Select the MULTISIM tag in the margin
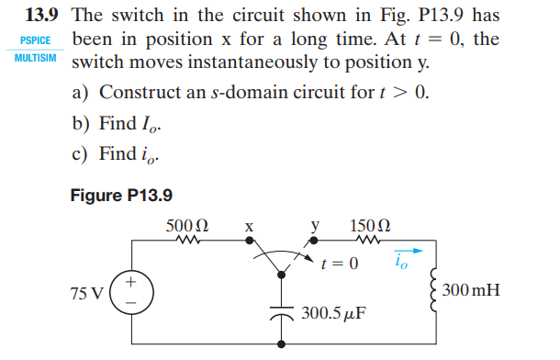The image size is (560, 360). (x=36, y=57)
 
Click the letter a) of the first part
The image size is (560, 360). (x=80, y=94)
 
